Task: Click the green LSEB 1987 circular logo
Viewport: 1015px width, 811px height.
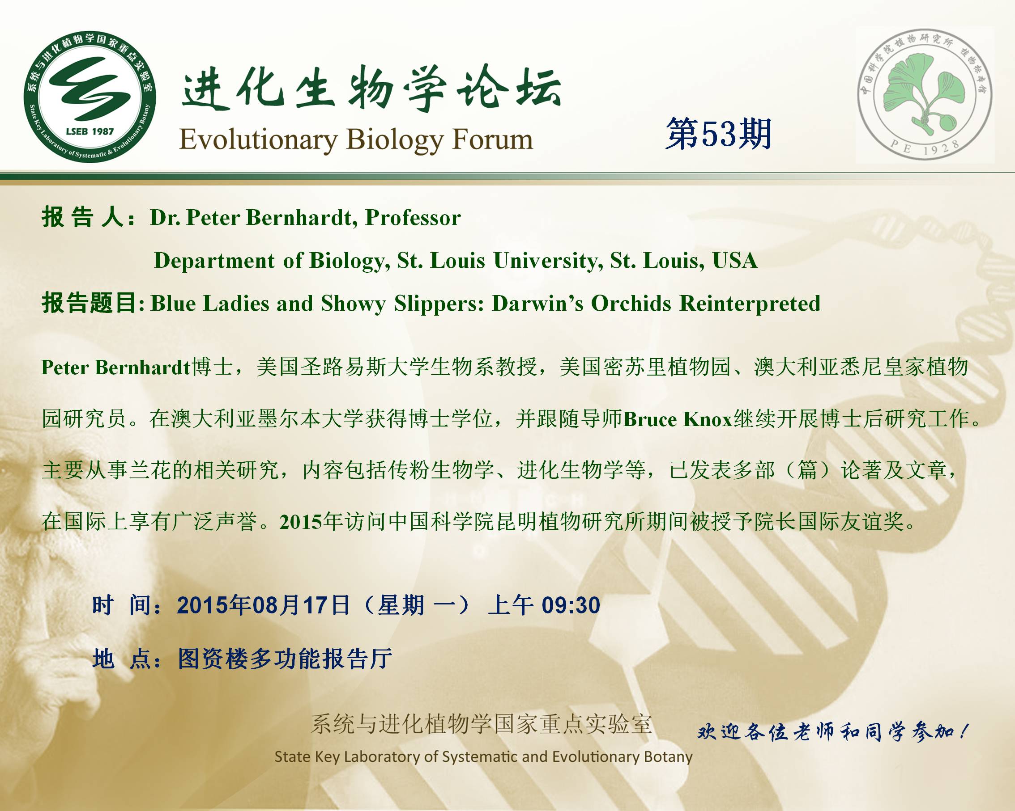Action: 90,98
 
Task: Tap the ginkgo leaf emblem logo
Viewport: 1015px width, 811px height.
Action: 925,97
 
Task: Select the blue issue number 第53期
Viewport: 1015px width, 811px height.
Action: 718,134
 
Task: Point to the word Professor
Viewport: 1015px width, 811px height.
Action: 413,218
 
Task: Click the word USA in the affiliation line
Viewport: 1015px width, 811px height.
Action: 735,261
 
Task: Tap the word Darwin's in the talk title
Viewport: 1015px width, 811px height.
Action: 537,304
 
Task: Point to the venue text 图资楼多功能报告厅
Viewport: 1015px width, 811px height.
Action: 285,659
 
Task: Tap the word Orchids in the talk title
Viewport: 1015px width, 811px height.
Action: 631,304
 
